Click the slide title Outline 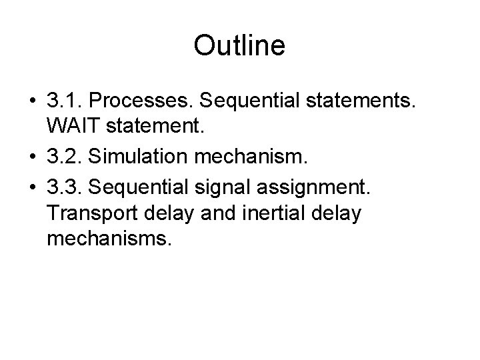click(x=239, y=46)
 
